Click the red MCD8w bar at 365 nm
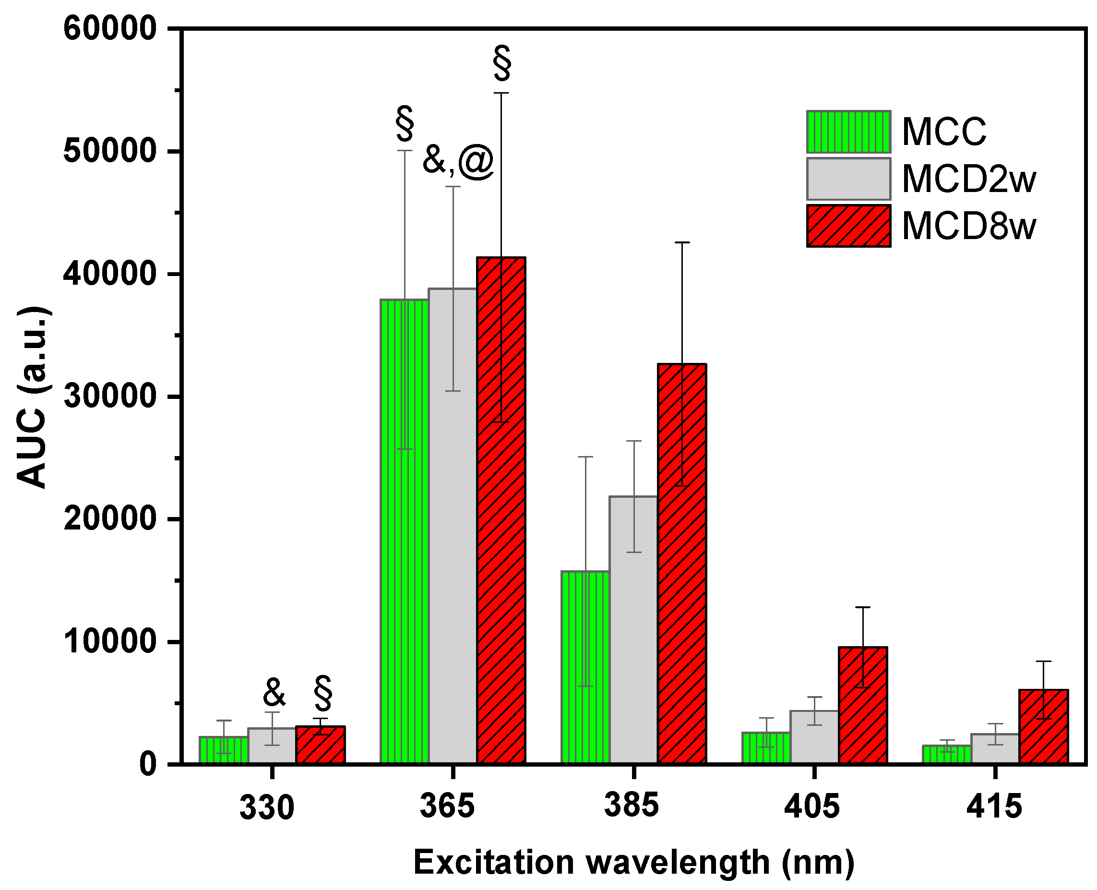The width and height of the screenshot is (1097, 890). [x=501, y=513]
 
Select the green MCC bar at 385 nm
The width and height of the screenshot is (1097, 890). [x=585, y=666]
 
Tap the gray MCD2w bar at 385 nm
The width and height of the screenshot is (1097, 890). [x=633, y=631]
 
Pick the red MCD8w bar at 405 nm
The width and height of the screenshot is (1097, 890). [x=863, y=708]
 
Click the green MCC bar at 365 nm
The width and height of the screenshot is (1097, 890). [x=404, y=533]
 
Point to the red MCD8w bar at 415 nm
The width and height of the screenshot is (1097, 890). [x=1043, y=728]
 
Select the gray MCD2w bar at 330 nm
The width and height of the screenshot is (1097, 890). [x=272, y=746]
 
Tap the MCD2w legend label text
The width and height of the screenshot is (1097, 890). [x=968, y=179]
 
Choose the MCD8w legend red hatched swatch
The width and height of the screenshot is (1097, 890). [x=848, y=226]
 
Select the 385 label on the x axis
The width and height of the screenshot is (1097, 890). [x=631, y=805]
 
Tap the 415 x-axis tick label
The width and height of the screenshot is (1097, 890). [x=994, y=806]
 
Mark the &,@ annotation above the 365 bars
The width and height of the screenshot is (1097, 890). [x=457, y=161]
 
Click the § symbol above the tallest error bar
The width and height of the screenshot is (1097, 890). [x=501, y=63]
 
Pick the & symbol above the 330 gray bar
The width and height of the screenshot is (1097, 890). [x=274, y=692]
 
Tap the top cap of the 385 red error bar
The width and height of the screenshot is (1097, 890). [x=682, y=242]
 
